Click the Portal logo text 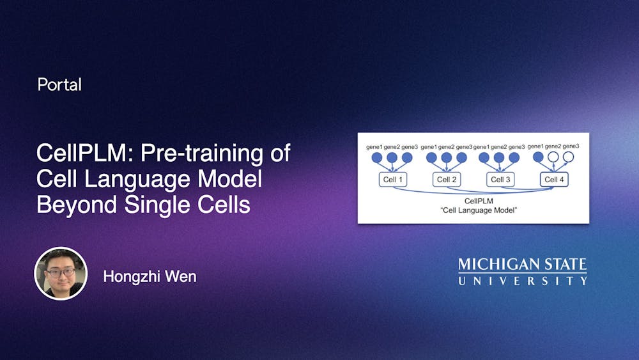click(x=59, y=84)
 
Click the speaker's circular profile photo click(x=60, y=273)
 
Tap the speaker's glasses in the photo click(x=60, y=271)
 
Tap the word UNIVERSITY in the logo click(x=522, y=280)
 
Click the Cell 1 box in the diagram click(x=392, y=180)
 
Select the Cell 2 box click(x=447, y=180)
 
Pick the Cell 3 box click(x=500, y=180)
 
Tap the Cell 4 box click(x=554, y=180)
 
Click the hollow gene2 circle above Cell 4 click(x=553, y=157)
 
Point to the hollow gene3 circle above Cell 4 click(x=568, y=157)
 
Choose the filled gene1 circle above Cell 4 click(x=538, y=157)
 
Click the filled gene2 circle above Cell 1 click(x=392, y=157)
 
